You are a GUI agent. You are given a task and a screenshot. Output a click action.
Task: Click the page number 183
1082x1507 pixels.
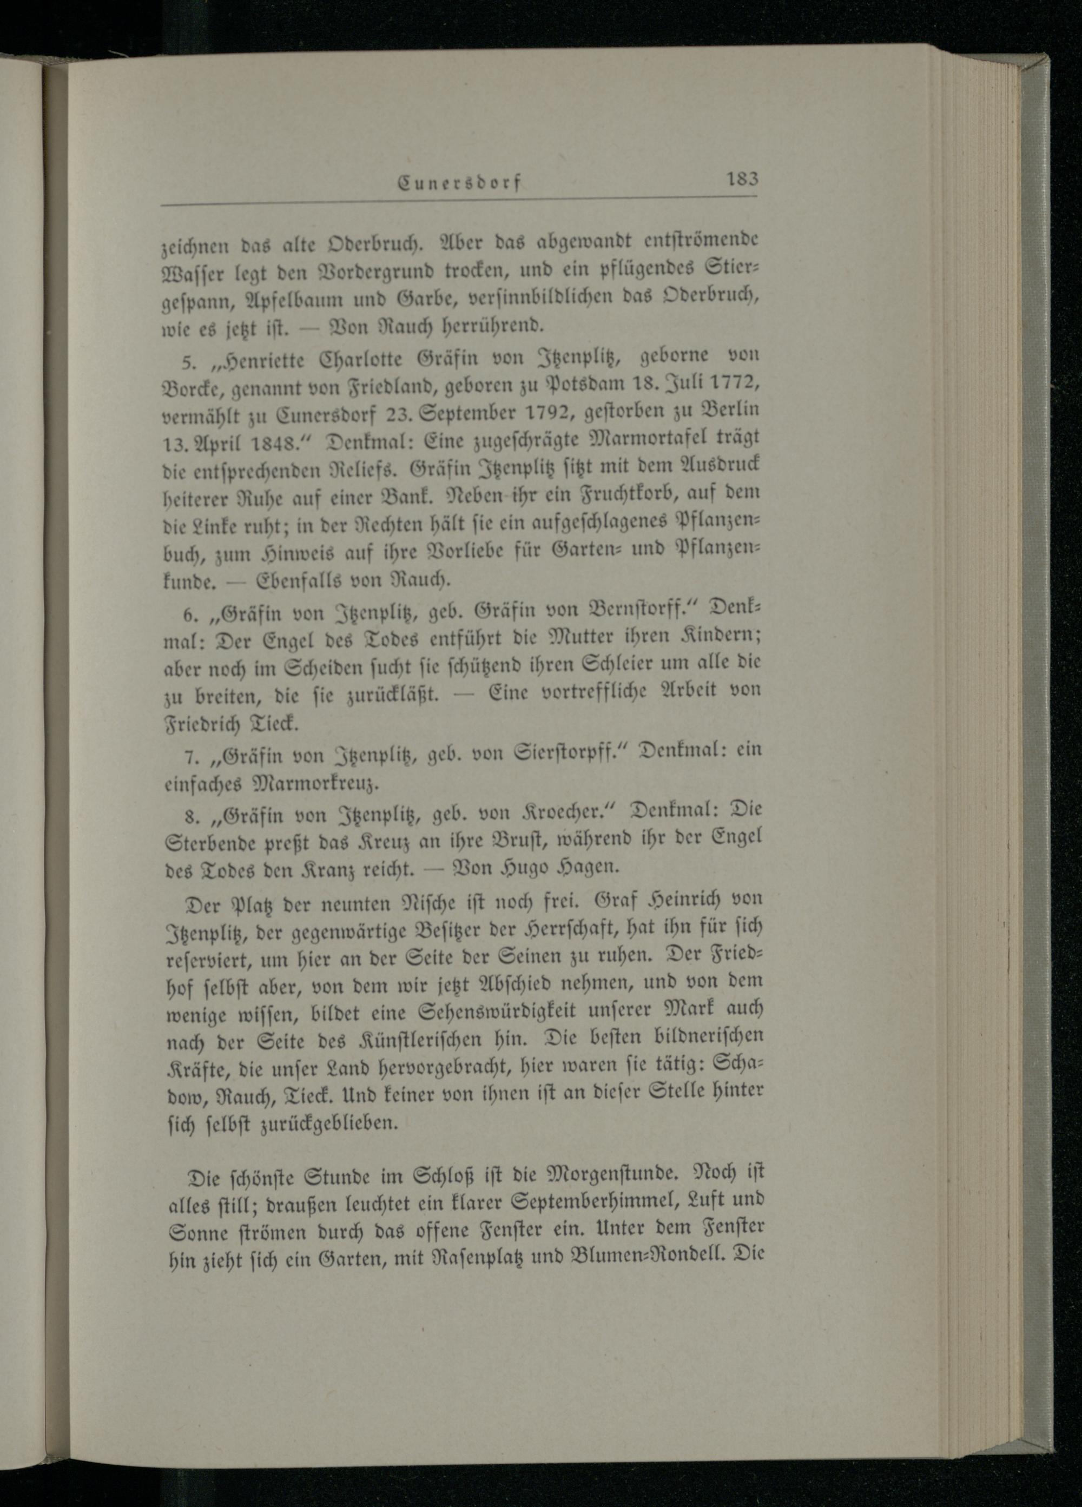pyautogui.click(x=742, y=180)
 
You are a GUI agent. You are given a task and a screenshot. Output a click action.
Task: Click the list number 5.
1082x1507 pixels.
pyautogui.click(x=187, y=361)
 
